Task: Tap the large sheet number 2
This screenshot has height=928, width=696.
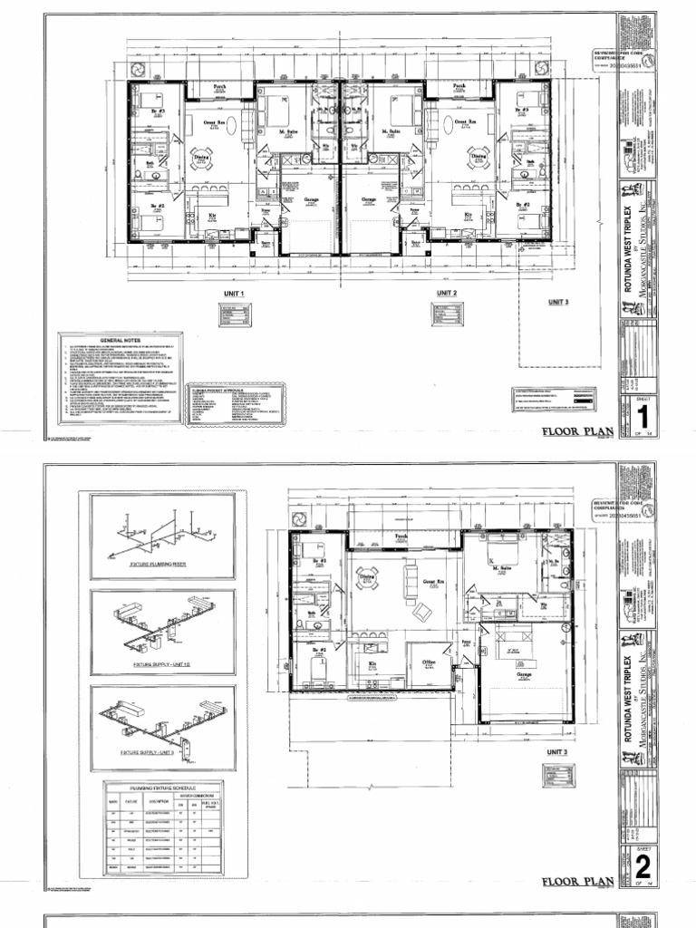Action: click(x=643, y=862)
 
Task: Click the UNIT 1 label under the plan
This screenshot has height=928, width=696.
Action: click(x=235, y=294)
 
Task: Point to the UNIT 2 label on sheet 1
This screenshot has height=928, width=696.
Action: click(x=447, y=294)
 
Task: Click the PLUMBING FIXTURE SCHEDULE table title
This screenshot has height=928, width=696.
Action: click(x=162, y=787)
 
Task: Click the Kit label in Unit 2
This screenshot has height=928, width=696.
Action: click(x=469, y=215)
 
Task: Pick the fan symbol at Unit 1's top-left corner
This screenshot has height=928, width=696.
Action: click(x=139, y=70)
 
